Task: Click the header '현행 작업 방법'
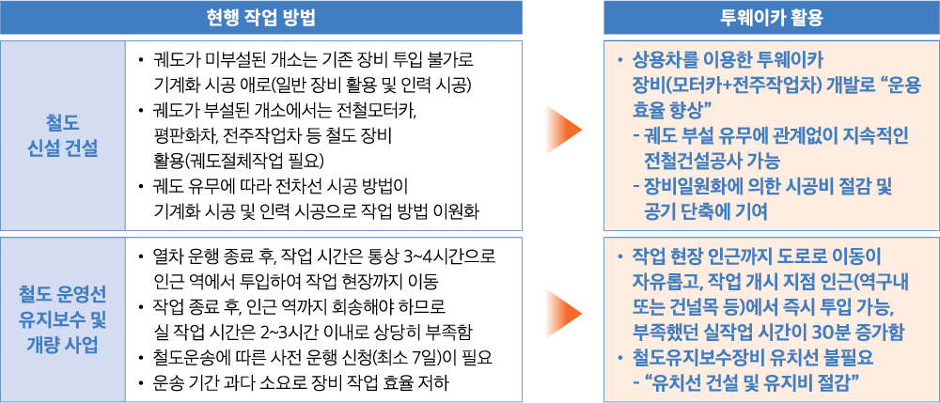260,18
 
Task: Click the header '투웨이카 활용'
771,18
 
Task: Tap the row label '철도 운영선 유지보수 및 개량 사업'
63,319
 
